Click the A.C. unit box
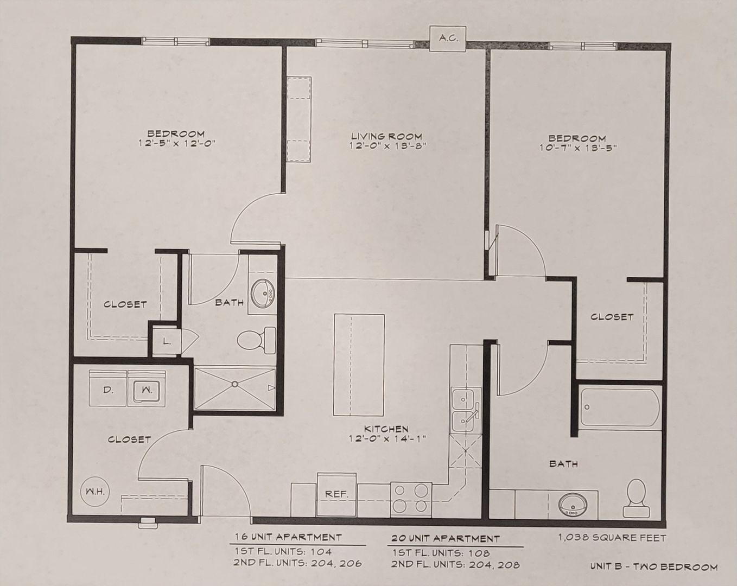(x=448, y=39)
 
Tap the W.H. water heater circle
(x=93, y=492)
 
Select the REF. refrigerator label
(x=336, y=494)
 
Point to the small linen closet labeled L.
(x=167, y=341)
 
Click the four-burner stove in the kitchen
(x=411, y=500)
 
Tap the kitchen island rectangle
(x=359, y=365)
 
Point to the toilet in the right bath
(x=637, y=498)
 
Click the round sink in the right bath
(x=573, y=505)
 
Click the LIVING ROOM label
(x=386, y=136)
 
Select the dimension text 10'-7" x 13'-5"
(x=577, y=148)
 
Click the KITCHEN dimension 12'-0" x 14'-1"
(x=387, y=438)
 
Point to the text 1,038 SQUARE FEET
(x=612, y=538)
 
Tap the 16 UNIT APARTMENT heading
(x=288, y=537)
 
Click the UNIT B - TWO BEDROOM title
(x=654, y=567)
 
